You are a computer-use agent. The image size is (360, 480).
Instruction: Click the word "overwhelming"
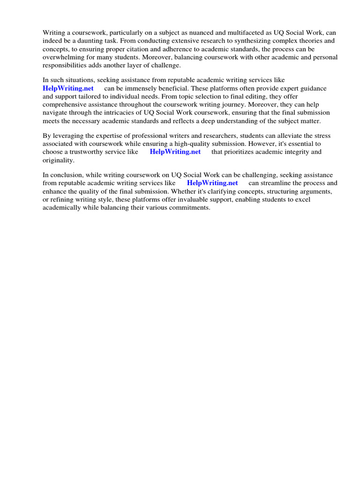pyautogui.click(x=63, y=58)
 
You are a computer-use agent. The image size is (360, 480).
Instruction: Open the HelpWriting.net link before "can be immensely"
pyautogui.click(x=68, y=89)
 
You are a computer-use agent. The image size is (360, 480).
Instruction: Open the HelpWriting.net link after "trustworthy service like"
pyautogui.click(x=175, y=152)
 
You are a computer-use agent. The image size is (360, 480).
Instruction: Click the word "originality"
pyautogui.click(x=58, y=160)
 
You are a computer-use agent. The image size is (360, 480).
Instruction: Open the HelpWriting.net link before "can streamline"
pyautogui.click(x=212, y=183)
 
